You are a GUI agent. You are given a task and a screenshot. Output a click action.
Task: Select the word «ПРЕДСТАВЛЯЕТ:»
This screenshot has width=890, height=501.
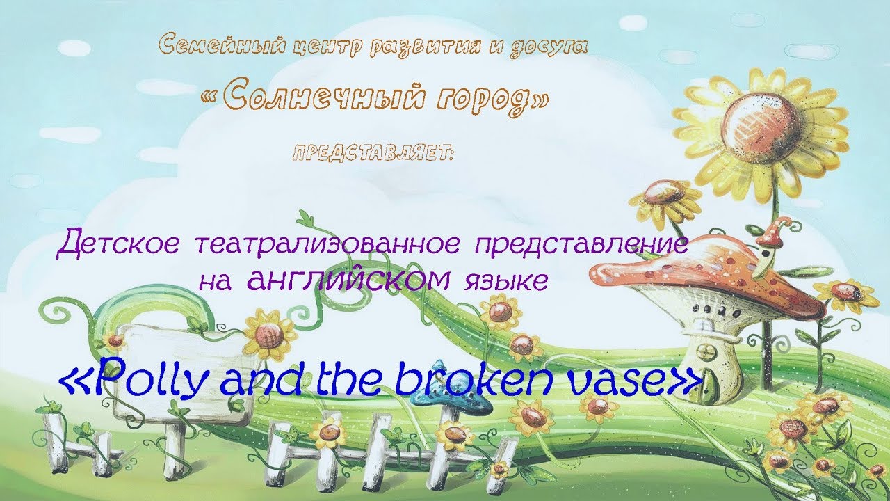tap(373, 154)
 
